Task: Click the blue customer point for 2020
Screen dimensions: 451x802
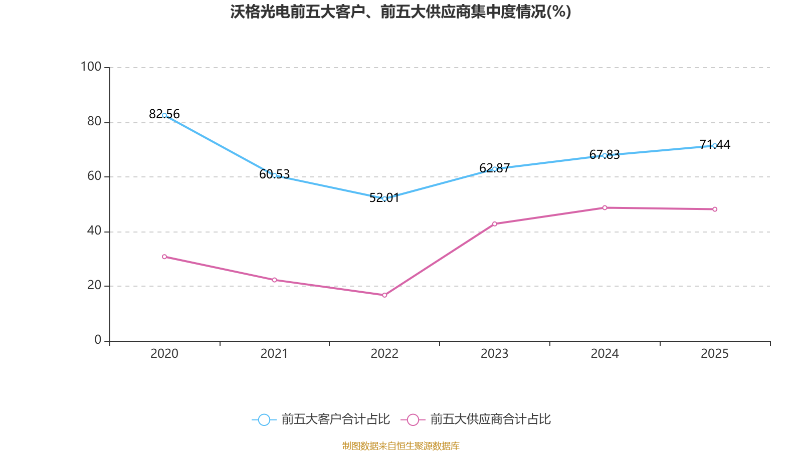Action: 164,115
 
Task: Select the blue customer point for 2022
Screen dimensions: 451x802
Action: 384,198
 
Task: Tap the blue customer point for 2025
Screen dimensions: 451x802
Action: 714,145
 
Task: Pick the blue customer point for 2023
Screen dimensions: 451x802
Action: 494,169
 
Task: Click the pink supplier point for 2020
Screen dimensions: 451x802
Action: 164,257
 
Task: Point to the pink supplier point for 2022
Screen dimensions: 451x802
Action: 384,295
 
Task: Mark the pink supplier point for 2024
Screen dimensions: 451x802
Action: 605,207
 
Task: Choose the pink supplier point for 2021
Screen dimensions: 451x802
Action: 274,280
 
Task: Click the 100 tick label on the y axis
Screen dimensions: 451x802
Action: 91,67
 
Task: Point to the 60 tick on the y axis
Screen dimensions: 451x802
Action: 94,176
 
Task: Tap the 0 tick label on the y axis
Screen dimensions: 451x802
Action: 98,340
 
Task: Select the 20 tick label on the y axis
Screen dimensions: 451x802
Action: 94,285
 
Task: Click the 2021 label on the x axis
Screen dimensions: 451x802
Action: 274,354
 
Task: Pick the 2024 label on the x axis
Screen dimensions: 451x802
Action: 605,354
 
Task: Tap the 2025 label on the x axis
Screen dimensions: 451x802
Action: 714,354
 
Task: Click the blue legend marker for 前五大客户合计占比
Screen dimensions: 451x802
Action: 264,419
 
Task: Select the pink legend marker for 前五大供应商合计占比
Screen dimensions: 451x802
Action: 413,419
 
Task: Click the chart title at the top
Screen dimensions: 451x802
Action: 400,12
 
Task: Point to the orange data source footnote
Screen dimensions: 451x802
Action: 400,445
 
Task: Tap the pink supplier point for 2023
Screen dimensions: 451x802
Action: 494,223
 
